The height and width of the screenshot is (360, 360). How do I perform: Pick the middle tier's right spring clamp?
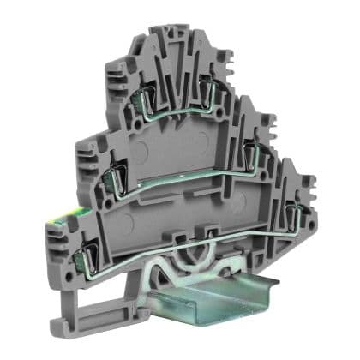click(255, 155)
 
